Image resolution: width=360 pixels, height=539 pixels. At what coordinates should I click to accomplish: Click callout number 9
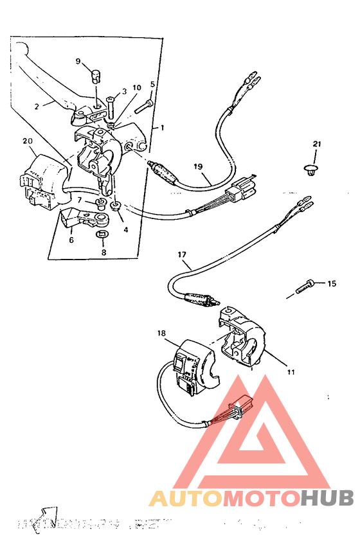(78, 62)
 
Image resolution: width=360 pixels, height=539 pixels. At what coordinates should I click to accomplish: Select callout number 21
(316, 143)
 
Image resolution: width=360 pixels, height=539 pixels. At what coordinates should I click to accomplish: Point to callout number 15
(332, 283)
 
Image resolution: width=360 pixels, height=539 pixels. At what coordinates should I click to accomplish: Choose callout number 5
(152, 84)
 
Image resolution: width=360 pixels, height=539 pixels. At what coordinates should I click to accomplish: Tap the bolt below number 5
(144, 101)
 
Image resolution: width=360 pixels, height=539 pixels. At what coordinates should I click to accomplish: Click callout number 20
(27, 141)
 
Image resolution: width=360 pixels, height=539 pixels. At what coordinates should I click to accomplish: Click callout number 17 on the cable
(182, 254)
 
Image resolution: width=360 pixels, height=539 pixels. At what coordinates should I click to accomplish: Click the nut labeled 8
(101, 238)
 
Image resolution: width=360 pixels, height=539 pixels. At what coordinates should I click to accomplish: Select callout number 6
(71, 240)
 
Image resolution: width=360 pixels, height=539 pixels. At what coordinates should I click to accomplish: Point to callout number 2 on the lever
(37, 105)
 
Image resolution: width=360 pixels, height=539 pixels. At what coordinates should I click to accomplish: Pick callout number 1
(163, 128)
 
